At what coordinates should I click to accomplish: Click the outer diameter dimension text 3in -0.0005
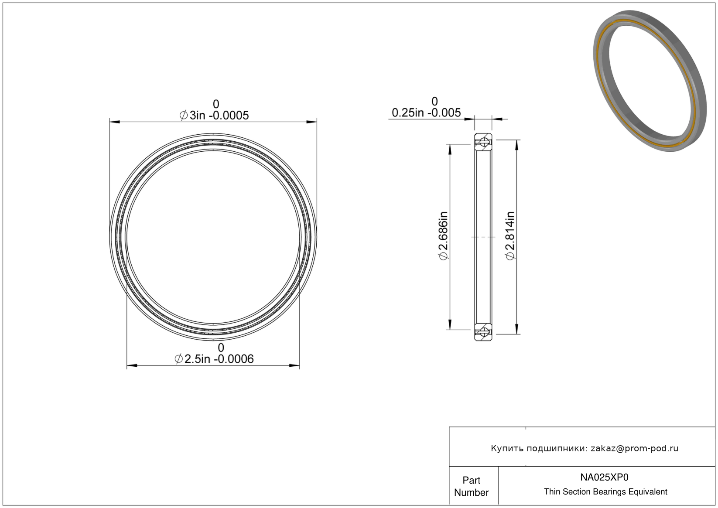[x=219, y=116]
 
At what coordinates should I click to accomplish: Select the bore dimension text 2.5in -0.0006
[x=219, y=359]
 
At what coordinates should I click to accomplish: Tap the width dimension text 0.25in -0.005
[x=426, y=113]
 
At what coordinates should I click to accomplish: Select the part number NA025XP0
[x=604, y=477]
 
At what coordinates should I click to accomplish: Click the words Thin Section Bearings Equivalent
[x=605, y=492]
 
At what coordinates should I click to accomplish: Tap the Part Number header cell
[x=471, y=486]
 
